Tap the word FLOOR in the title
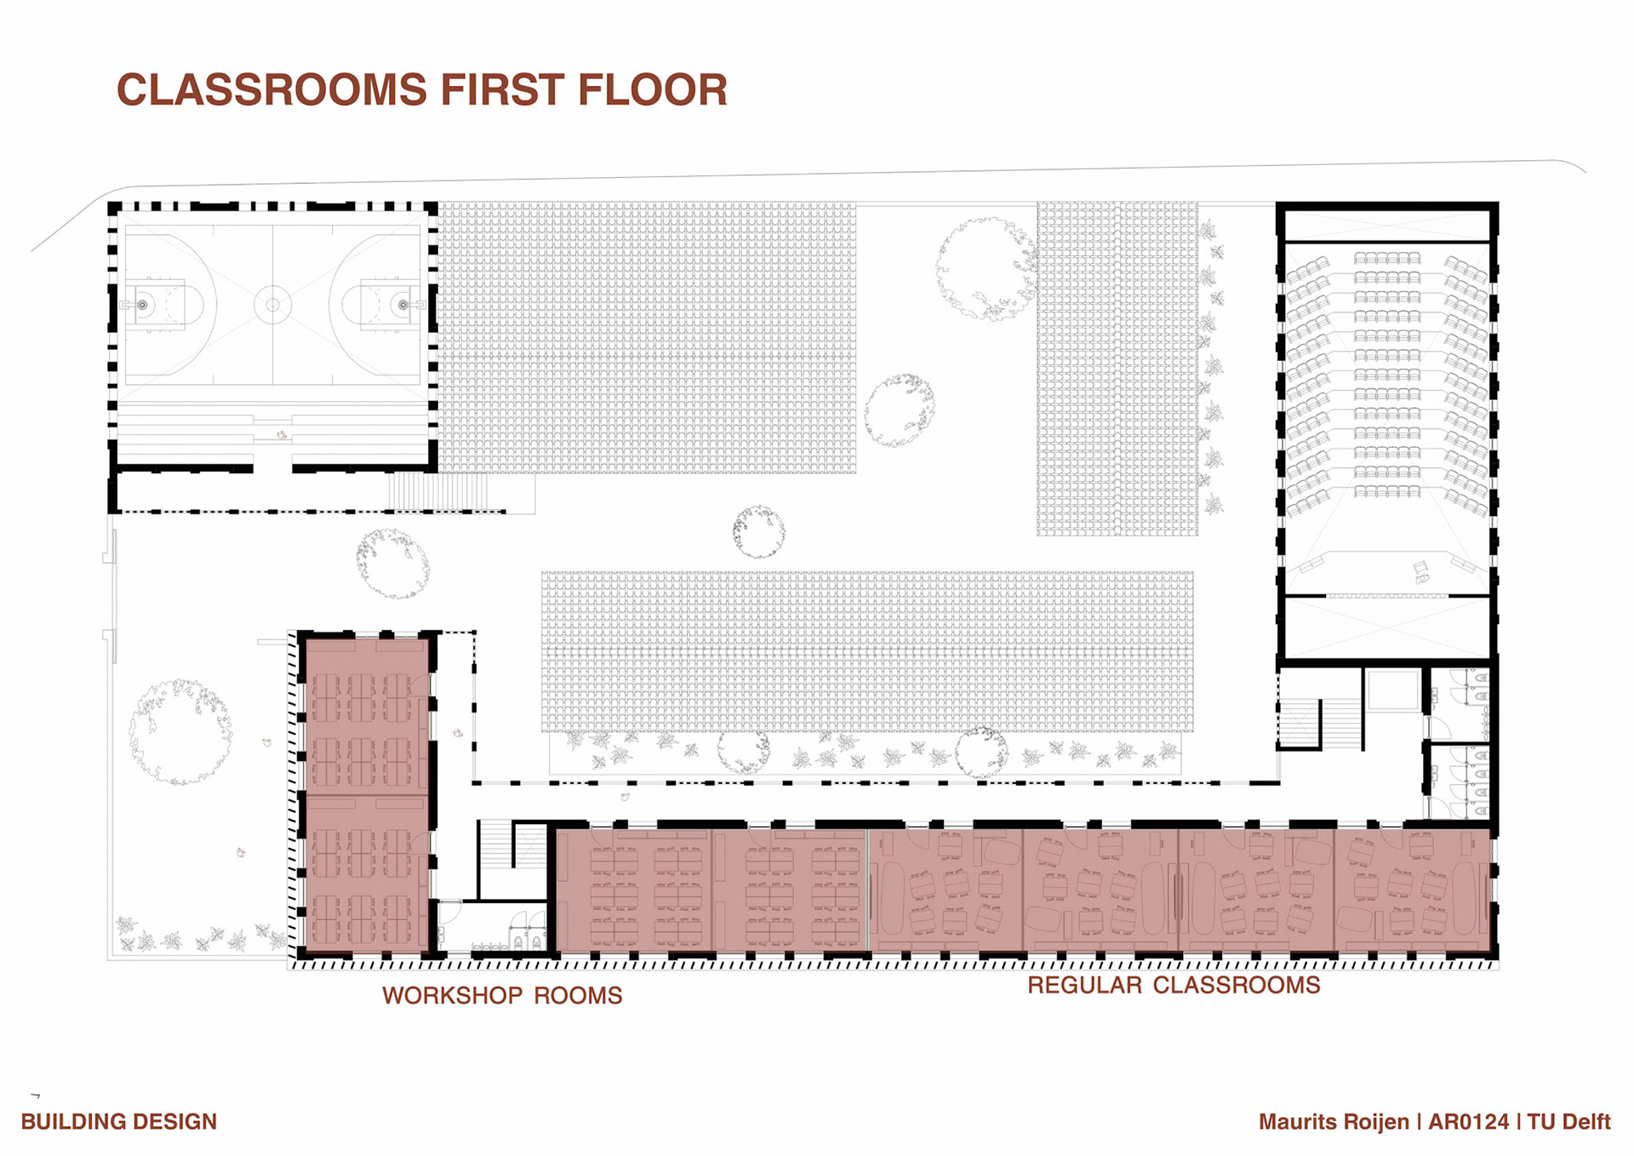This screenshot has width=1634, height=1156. click(x=653, y=90)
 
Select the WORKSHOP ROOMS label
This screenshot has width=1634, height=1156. click(x=502, y=995)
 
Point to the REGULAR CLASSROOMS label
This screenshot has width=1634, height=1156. click(x=1174, y=985)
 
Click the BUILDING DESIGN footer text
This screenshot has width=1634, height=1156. click(x=119, y=1122)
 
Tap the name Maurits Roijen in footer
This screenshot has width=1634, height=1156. click(x=1334, y=1122)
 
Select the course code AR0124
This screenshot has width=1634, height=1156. click(x=1468, y=1122)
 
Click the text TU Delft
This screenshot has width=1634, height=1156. click(x=1569, y=1122)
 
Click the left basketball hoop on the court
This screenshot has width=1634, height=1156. click(x=142, y=305)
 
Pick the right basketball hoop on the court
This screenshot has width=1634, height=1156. click(x=403, y=305)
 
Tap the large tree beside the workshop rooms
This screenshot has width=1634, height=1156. click(x=180, y=731)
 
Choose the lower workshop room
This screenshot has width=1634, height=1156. click(x=366, y=873)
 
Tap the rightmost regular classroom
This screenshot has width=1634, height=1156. click(x=1413, y=890)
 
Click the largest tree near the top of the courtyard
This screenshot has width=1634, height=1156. click(x=986, y=269)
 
